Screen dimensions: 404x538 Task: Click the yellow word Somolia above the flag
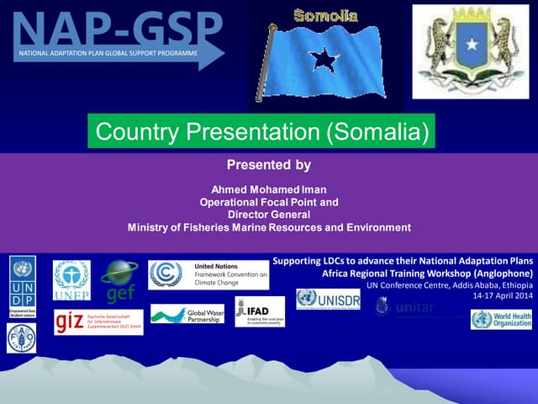click(x=325, y=16)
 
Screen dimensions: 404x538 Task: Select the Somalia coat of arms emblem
click(x=471, y=52)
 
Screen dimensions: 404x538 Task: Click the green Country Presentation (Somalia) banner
click(x=262, y=132)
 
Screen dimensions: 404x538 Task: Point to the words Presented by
click(x=269, y=165)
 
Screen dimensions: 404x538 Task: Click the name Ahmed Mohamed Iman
click(x=269, y=189)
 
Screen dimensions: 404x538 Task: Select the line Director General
click(x=269, y=215)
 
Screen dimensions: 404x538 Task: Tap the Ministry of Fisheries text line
click(x=269, y=227)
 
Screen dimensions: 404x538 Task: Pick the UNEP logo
click(x=71, y=280)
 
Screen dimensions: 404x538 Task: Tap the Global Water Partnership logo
click(x=187, y=316)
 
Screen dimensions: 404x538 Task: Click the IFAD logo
click(x=260, y=311)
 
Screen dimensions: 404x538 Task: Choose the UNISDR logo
click(x=327, y=300)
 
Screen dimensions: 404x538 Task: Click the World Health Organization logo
click(x=501, y=320)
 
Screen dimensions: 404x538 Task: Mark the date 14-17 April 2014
click(x=503, y=296)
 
